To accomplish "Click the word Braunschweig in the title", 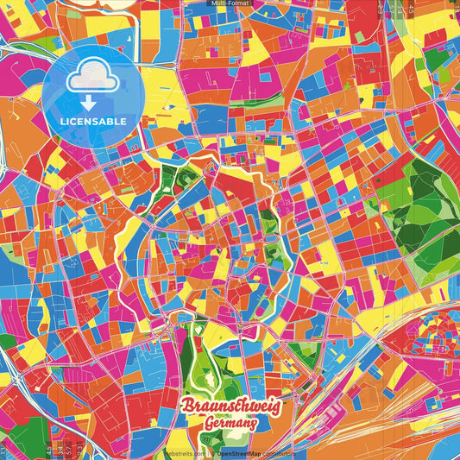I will point(230,406).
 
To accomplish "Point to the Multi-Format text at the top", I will point(230,3).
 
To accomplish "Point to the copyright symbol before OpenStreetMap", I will point(212,453).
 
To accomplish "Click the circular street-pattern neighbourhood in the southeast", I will point(435,331).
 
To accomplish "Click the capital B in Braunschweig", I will point(187,406).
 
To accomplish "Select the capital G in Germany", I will point(211,422).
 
